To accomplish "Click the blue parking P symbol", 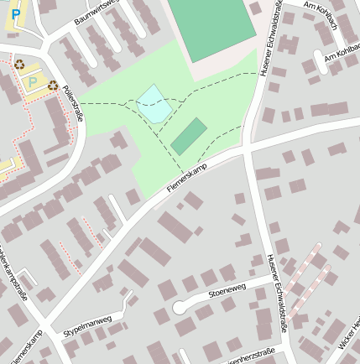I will point(16,15).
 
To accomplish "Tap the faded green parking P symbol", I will point(33,81).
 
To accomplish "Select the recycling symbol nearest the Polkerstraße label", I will point(53,85).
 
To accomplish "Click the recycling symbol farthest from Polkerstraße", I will point(18,64).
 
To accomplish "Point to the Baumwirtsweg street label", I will point(97,11).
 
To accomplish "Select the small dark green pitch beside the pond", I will point(189,136).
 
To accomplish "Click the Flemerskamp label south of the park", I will point(185,174).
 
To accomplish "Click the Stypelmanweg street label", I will point(86,325).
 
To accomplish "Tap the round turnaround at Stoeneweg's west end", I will point(180,307).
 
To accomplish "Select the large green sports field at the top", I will point(211,27).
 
